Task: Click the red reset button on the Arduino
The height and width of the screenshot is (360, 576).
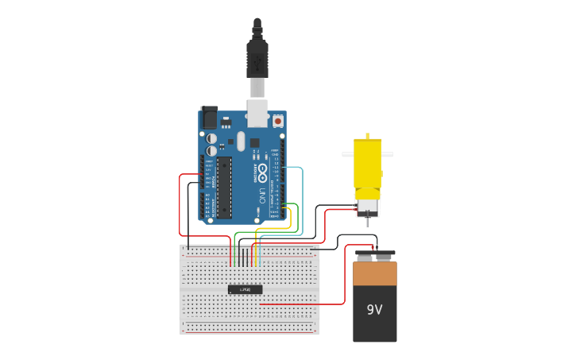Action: [278, 121]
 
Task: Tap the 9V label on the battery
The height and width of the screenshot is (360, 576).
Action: [374, 309]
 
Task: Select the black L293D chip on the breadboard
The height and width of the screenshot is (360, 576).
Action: [245, 289]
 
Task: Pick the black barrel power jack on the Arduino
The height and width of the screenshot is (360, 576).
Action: [209, 118]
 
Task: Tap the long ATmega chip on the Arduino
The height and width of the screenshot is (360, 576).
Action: [224, 188]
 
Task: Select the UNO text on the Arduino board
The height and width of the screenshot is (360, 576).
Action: [262, 195]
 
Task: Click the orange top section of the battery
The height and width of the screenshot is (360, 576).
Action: [374, 273]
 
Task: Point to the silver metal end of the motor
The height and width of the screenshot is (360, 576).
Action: [367, 207]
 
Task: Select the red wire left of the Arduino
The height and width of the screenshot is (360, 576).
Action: [180, 207]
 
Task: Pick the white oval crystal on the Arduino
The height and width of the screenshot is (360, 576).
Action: [241, 141]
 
